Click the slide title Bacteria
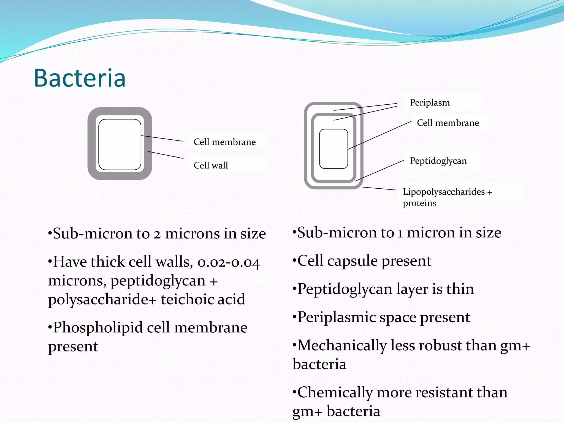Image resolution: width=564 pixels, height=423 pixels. click(80, 78)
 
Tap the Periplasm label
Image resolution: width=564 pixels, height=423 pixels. click(430, 103)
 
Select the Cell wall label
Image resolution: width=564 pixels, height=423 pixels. click(211, 165)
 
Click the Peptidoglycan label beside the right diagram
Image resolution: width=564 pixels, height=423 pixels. click(438, 161)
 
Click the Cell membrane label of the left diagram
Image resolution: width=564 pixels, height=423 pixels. click(224, 142)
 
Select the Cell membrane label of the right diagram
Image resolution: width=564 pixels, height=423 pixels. click(448, 123)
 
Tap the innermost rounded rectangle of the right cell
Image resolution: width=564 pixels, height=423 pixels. click(333, 149)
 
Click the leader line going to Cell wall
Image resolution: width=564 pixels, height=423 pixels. click(166, 155)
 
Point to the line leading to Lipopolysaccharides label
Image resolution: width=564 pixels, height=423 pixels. click(379, 189)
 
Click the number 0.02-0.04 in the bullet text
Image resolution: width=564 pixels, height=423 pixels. click(229, 262)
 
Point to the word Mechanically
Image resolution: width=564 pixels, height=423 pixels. click(342, 345)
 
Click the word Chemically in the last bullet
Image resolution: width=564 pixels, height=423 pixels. click(335, 392)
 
